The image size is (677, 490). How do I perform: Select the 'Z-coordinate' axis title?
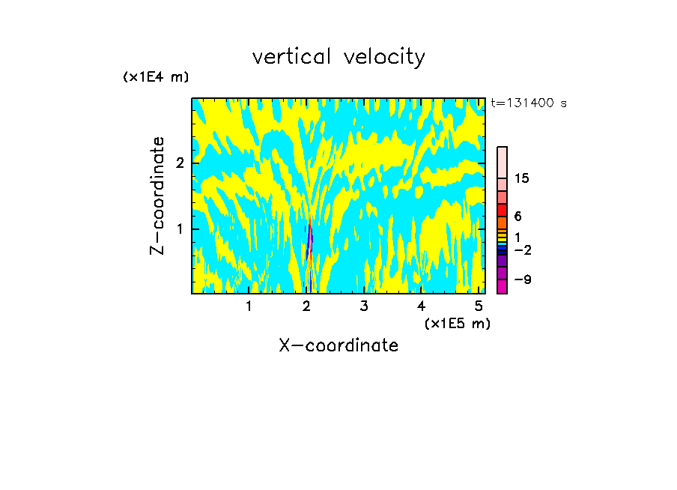pyautogui.click(x=157, y=196)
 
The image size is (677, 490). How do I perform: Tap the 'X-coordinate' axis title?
pyautogui.click(x=338, y=345)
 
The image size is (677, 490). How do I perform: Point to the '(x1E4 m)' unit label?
pyautogui.click(x=156, y=77)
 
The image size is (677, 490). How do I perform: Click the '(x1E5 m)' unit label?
pyautogui.click(x=457, y=323)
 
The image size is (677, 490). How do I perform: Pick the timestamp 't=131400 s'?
pyautogui.click(x=528, y=103)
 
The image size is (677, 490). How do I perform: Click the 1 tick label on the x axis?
pyautogui.click(x=249, y=306)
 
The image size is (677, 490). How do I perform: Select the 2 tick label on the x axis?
pyautogui.click(x=306, y=306)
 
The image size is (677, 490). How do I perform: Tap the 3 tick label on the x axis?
pyautogui.click(x=364, y=306)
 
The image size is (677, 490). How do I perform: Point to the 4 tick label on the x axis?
pyautogui.click(x=422, y=306)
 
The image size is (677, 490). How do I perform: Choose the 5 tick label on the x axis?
pyautogui.click(x=479, y=306)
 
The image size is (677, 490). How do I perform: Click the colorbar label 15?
pyautogui.click(x=522, y=178)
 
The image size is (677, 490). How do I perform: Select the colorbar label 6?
pyautogui.click(x=517, y=216)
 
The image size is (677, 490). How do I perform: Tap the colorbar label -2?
pyautogui.click(x=522, y=249)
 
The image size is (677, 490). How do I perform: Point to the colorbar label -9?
pyautogui.click(x=522, y=279)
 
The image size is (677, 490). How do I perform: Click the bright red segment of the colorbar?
pyautogui.click(x=503, y=210)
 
